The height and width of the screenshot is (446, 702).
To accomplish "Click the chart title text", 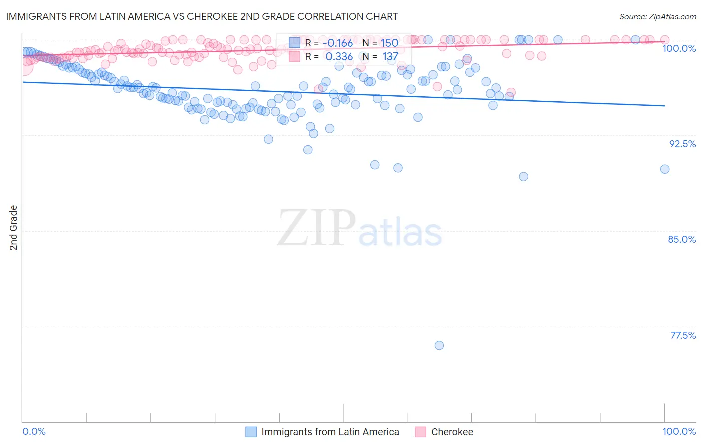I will pos(201,16).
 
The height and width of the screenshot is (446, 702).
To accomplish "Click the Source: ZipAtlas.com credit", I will pos(657,16).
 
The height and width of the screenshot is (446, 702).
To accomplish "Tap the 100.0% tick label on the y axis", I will pos(679,48).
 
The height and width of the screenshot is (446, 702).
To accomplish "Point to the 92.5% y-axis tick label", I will pos(682,144).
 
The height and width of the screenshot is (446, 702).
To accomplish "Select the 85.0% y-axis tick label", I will pos(682,239).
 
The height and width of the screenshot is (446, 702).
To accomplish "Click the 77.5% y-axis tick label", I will pos(683,335).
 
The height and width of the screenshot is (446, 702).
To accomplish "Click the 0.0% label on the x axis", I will pos(34,431).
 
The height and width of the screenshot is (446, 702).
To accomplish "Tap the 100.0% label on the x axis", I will pos(679,431).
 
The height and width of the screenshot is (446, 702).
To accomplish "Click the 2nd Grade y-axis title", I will pos(14,227).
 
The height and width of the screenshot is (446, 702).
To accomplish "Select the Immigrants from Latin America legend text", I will pos(330,432).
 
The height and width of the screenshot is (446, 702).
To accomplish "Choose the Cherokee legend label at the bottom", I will pos(452,432).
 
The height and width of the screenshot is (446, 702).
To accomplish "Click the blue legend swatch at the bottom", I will pos(251,432).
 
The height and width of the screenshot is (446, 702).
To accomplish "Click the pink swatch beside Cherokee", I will pos(421,432).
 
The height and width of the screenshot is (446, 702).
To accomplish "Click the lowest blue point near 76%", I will pos(439,345).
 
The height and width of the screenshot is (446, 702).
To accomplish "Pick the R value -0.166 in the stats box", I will pos(338,43).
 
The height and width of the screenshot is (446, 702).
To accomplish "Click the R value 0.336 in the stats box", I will pos(339,57).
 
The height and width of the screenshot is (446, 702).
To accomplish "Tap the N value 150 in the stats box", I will pos(390,43).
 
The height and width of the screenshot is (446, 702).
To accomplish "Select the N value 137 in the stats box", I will pos(390,57).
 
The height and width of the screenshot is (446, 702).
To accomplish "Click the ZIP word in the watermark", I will pos(316,228).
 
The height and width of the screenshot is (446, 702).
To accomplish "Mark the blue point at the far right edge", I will pos(665,169).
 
